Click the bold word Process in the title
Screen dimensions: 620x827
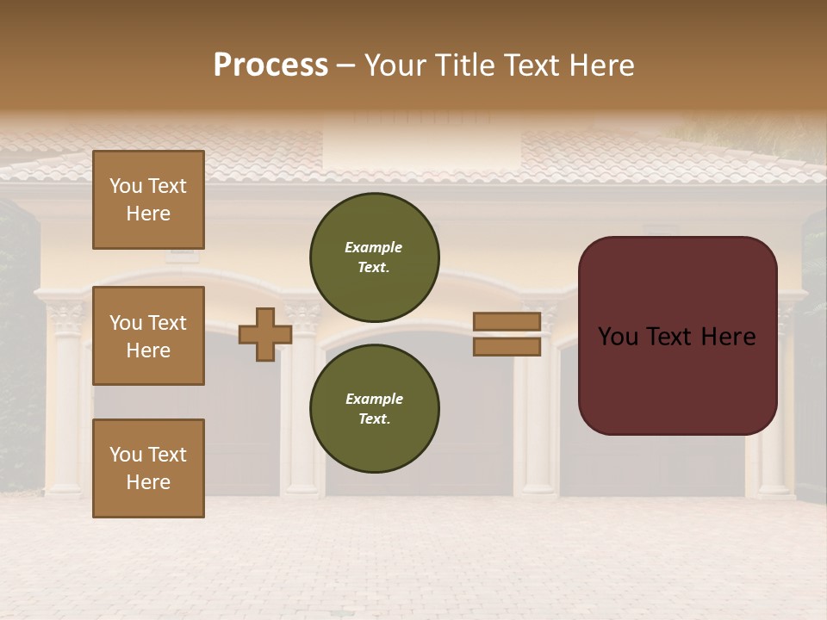[270, 65]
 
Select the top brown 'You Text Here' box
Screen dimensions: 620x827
[148, 200]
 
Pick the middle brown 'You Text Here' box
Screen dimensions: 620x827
[148, 336]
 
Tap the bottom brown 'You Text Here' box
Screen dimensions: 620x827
[148, 468]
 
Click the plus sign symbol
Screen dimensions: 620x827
[265, 334]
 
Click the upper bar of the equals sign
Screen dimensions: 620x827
[507, 321]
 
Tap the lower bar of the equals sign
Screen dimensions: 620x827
[507, 347]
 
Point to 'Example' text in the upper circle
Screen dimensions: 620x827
[374, 247]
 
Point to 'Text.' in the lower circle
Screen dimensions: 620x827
[374, 419]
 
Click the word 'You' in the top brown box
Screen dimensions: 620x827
[126, 186]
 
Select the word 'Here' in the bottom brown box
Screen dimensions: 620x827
[148, 482]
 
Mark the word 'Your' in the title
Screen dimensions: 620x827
[395, 65]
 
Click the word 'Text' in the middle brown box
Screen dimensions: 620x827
[167, 323]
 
